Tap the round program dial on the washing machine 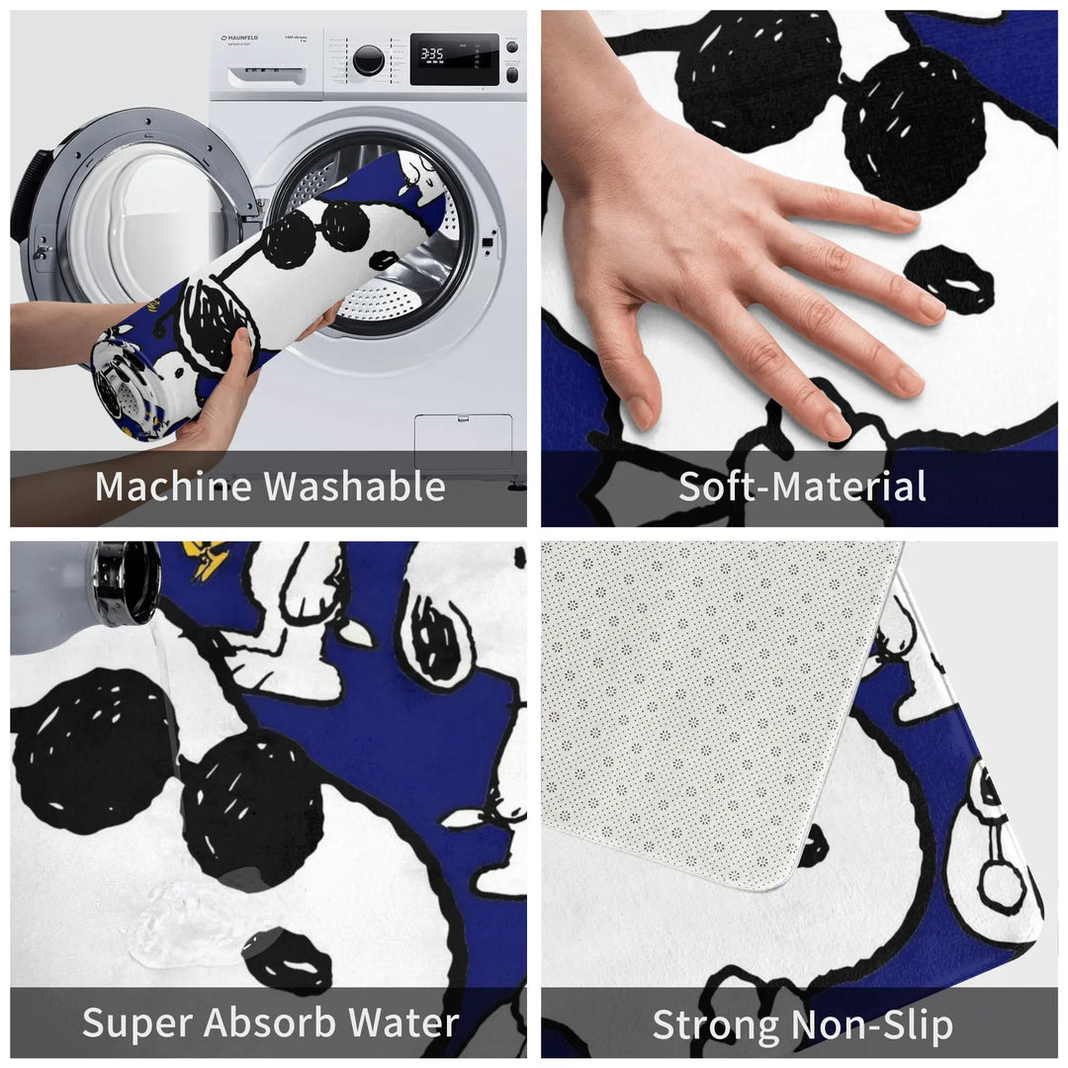[x=368, y=59]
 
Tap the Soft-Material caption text [x=801, y=487]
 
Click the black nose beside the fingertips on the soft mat [x=949, y=280]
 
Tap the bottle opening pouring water [x=127, y=583]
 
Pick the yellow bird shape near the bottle [x=209, y=560]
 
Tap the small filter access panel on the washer [x=463, y=441]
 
